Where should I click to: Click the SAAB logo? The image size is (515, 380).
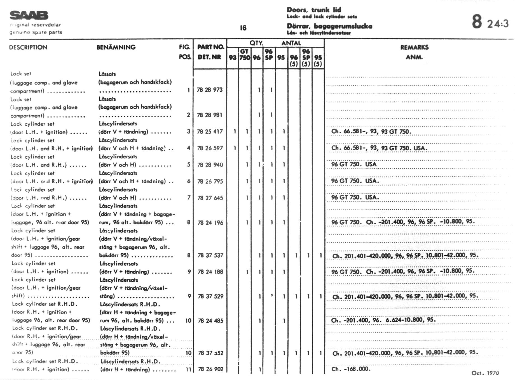29,15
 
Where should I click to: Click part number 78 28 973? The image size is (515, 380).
210,90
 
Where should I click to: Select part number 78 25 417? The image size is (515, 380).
210,132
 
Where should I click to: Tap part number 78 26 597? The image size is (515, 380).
210,148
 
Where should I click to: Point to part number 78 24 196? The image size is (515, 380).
210,223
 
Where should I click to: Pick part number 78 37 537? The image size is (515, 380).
210,255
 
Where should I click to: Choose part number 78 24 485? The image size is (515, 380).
210,321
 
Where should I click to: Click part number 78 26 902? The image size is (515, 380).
210,369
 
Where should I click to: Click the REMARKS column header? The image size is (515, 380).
414,47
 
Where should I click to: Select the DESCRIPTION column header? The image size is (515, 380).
28,47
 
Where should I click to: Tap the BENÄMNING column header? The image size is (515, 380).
116,47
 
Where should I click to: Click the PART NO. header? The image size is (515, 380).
210,47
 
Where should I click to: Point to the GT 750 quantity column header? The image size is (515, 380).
245,54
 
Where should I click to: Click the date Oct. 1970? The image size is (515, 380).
485,373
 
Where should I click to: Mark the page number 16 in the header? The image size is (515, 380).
243,28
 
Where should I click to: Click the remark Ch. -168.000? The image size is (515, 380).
351,369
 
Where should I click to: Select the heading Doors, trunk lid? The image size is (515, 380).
314,10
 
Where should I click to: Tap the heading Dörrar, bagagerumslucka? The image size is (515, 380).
329,26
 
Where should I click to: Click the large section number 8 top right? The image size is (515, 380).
477,22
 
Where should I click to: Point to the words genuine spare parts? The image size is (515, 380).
36,32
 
